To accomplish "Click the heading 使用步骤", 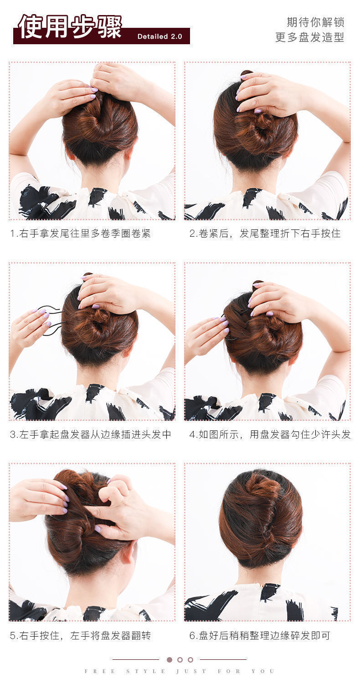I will point(70,27).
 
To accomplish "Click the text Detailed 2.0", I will point(159,36).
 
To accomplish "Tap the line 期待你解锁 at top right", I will point(315,22).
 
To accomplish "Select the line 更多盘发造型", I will point(309,37).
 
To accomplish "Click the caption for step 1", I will point(80,233).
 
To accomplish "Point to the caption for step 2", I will point(265,233).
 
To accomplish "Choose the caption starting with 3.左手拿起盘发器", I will point(91,435).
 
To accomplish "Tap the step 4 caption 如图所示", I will point(270,435).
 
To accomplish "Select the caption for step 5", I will point(80,635).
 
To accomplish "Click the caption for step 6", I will point(259,635).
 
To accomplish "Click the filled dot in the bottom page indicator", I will point(170,659).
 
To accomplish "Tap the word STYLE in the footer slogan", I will point(140,671).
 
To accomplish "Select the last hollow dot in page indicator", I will point(190,659).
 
